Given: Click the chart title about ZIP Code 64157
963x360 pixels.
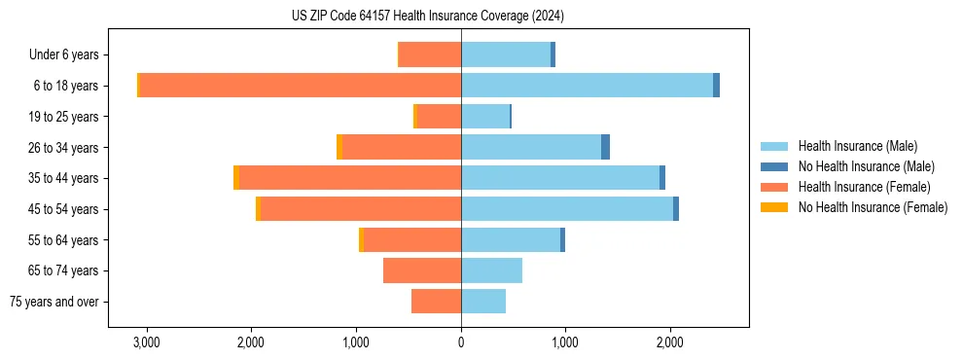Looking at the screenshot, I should (x=427, y=17).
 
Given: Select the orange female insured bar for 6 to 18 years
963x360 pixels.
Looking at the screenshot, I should (x=300, y=86).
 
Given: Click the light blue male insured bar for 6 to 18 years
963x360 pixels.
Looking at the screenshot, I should (x=587, y=86).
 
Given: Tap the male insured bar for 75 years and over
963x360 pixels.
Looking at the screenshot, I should (x=483, y=302).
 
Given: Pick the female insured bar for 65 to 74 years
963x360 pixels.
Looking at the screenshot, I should (x=422, y=270).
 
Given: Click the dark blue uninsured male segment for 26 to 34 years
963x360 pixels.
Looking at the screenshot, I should (x=605, y=147).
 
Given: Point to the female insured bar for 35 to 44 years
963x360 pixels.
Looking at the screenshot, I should (x=350, y=178).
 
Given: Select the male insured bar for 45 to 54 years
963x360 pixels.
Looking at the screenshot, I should (x=567, y=209).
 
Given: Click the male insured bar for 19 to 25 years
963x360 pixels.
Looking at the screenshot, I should (x=485, y=117).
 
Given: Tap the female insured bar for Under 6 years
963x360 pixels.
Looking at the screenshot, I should (x=430, y=54).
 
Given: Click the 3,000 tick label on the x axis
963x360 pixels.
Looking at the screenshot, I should (x=147, y=343).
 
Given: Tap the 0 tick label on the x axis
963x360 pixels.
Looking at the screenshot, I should (x=461, y=343).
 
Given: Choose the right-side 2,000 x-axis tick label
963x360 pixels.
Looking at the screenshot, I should (x=670, y=343).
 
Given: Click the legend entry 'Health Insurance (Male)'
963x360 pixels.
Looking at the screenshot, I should (x=857, y=146).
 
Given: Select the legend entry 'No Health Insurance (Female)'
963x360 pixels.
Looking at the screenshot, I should (x=873, y=207).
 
